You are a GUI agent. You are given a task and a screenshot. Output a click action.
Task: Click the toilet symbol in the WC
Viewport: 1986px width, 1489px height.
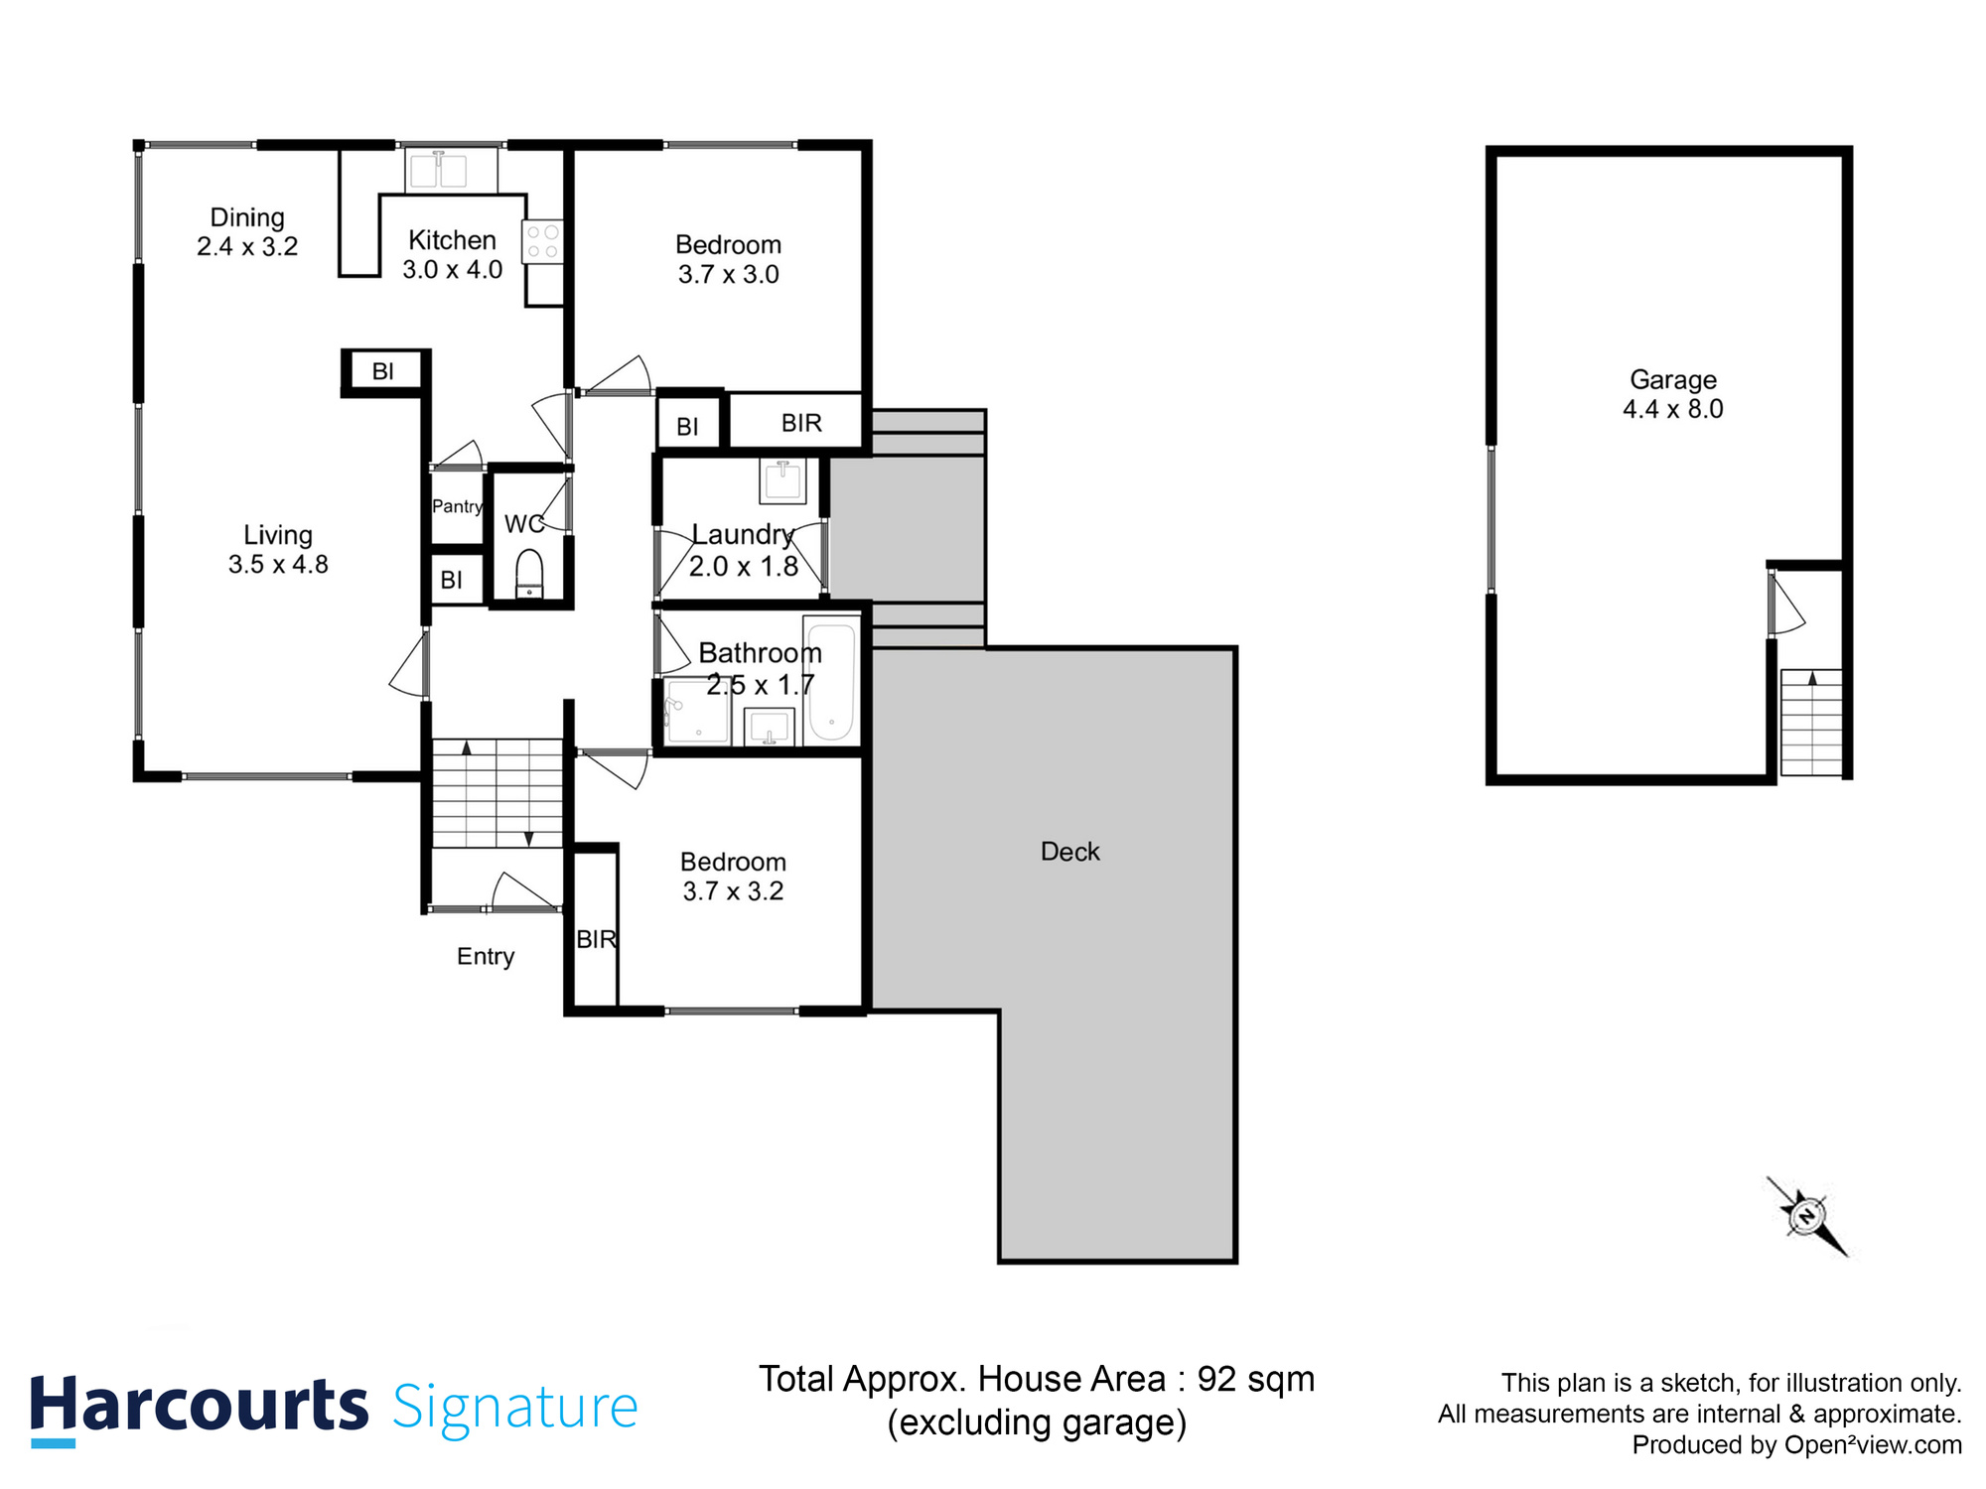tap(530, 573)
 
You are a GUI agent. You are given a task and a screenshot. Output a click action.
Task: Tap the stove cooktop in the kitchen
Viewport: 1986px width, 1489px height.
tap(542, 241)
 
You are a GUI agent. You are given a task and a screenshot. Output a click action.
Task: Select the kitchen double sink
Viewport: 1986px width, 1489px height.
tap(439, 170)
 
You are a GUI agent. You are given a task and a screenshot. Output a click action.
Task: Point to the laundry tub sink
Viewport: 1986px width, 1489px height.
tap(782, 480)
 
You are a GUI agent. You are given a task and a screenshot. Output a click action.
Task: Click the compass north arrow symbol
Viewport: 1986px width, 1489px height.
tap(1807, 1215)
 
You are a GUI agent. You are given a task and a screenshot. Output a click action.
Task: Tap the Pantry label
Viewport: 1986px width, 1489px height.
tap(457, 506)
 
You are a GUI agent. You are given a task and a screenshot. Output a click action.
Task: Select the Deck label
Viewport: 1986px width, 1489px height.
tap(1069, 852)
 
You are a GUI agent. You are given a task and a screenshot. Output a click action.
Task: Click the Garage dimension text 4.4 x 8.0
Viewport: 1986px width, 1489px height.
tap(1672, 409)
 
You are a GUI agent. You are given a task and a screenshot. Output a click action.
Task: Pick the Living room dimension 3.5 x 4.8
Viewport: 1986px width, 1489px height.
tap(278, 565)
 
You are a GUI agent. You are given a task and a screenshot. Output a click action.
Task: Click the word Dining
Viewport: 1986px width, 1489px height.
tap(247, 217)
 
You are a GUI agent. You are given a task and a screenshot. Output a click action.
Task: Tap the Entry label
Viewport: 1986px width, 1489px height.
tap(486, 956)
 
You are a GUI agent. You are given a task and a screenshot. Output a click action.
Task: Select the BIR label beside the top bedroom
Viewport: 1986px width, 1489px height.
tap(801, 423)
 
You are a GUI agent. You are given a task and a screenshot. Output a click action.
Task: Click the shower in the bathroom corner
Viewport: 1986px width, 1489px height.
tap(698, 711)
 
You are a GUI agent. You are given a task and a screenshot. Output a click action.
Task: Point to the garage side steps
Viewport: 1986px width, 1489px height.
tap(1811, 723)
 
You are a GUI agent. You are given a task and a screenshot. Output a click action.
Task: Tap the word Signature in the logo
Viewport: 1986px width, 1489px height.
tap(514, 1408)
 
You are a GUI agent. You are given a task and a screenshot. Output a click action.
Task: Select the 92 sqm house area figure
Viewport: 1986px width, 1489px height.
tap(1255, 1379)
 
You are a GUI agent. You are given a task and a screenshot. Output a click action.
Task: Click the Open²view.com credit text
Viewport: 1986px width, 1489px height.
tap(1873, 1445)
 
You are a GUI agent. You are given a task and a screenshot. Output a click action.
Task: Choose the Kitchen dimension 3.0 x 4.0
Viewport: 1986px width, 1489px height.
tap(452, 270)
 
